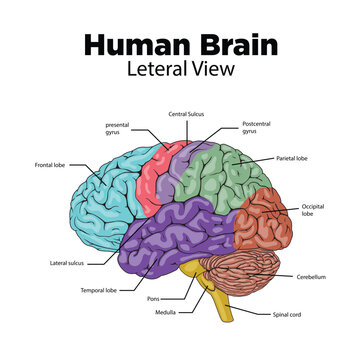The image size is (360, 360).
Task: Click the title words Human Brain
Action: coord(180,46)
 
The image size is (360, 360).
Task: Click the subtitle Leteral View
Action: coord(180,71)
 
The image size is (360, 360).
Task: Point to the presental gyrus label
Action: coord(117,128)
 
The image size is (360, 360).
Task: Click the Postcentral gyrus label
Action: coord(257,127)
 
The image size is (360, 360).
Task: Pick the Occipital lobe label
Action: coord(313,210)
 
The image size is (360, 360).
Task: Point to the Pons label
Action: coord(152,298)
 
